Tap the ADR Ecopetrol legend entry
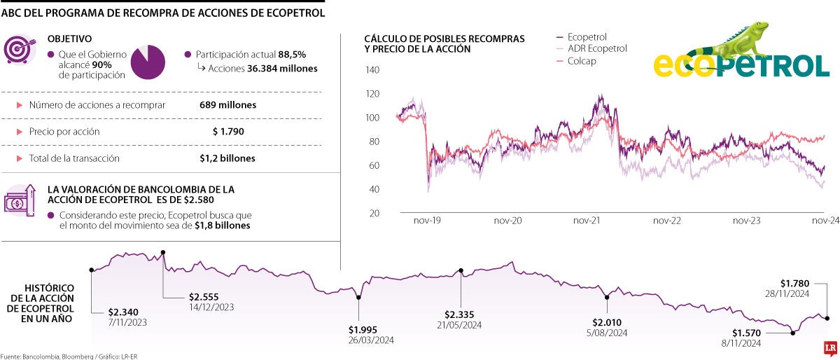(596, 49)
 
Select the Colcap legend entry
(582, 61)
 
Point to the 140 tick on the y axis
(372, 70)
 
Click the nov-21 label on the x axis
(587, 220)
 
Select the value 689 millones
(227, 105)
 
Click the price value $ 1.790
(227, 132)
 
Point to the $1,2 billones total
(227, 158)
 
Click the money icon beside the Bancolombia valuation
(18, 201)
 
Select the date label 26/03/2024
(372, 340)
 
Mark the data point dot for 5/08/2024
(607, 297)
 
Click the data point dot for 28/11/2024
(827, 318)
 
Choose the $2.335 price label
(463, 314)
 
